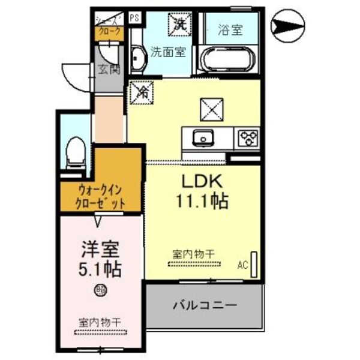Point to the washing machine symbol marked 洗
click(x=179, y=23)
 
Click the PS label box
click(x=134, y=17)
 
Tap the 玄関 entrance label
click(x=109, y=68)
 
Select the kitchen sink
click(x=203, y=138)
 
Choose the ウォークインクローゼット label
click(x=101, y=196)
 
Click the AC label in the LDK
click(x=243, y=264)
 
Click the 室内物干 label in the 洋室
click(x=99, y=322)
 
